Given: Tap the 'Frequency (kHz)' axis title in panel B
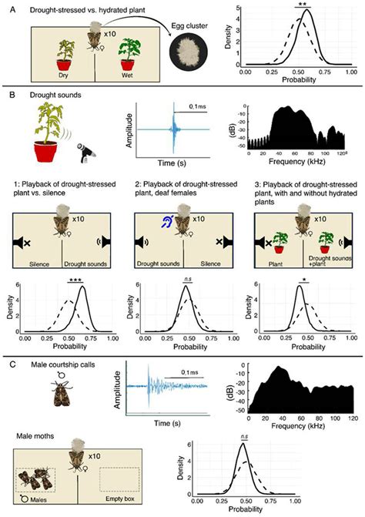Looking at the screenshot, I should click(x=296, y=163).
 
